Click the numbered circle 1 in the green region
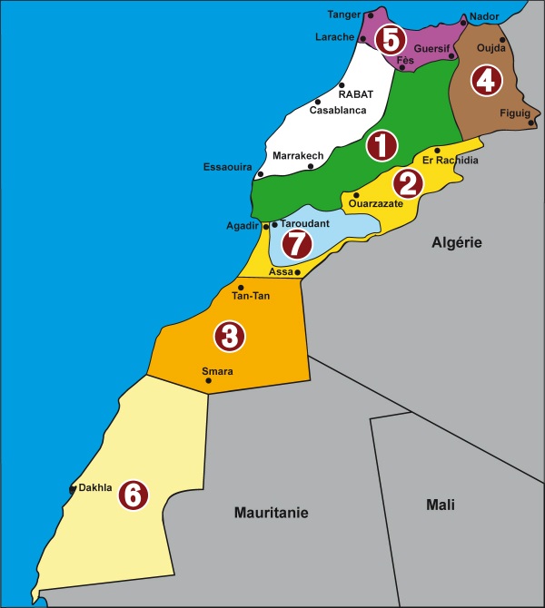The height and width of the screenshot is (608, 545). pos(381,145)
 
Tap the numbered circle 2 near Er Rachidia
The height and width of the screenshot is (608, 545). pos(408,184)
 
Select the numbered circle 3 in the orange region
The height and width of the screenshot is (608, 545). pos(229,337)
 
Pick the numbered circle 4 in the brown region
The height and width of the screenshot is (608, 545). pos(486,81)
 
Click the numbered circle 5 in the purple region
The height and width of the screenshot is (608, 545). pos(391,40)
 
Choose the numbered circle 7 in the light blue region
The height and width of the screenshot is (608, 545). pos(296,242)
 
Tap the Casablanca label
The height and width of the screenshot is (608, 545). pos(338,111)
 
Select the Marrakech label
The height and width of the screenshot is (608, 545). pos(298,156)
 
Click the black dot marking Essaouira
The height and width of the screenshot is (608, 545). pos(261,174)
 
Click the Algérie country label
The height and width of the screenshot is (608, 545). pos(455,242)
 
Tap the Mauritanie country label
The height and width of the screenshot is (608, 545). pos(271,513)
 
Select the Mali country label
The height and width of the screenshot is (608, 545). pos(440,505)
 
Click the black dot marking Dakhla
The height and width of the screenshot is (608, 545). pos(72,489)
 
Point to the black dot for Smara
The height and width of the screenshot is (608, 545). pos(209,381)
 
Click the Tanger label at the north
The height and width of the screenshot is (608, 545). pos(344,15)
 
